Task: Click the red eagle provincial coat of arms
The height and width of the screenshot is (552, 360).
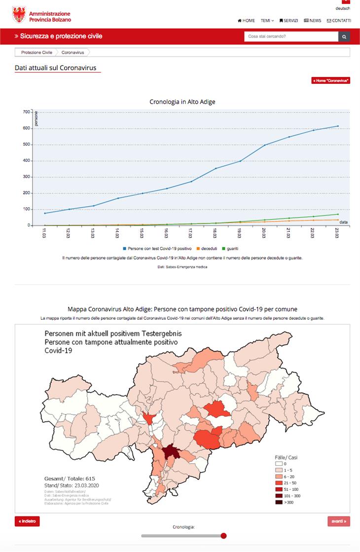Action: pyautogui.click(x=19, y=15)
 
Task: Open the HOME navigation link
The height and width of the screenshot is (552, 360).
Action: pyautogui.click(x=247, y=21)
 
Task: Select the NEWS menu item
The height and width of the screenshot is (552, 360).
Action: pyautogui.click(x=313, y=21)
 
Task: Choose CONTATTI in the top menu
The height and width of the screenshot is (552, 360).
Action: pyautogui.click(x=339, y=21)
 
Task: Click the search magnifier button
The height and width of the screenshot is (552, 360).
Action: pyautogui.click(x=344, y=37)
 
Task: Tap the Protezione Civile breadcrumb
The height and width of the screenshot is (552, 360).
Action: pyautogui.click(x=36, y=52)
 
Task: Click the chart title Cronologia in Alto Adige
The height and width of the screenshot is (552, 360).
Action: pyautogui.click(x=182, y=102)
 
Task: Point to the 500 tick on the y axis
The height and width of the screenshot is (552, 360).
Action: pyautogui.click(x=26, y=145)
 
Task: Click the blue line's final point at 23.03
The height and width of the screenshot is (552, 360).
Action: pyautogui.click(x=338, y=126)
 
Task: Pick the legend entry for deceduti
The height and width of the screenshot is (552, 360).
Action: pyautogui.click(x=209, y=249)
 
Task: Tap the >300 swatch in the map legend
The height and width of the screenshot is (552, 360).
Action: pyautogui.click(x=279, y=502)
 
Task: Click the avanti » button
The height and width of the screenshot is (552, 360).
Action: pyautogui.click(x=339, y=521)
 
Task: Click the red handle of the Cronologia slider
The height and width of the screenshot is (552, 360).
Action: pyautogui.click(x=223, y=536)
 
